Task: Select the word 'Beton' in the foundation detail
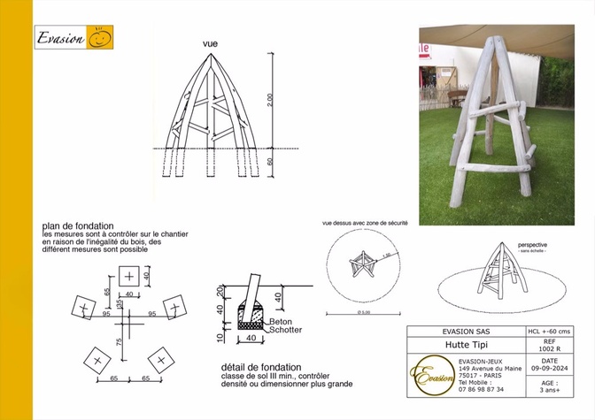click(281, 321)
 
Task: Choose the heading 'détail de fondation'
click(261, 367)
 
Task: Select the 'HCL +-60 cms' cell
click(547, 332)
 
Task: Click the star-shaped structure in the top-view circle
click(365, 263)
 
